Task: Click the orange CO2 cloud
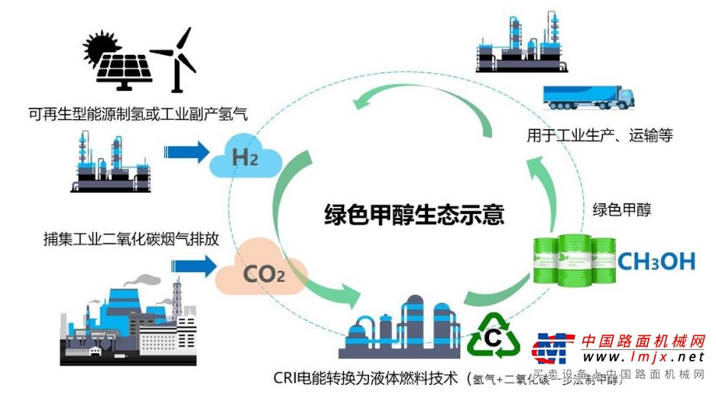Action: (x=263, y=272)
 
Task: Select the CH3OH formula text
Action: (x=656, y=261)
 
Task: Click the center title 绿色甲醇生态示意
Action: (x=413, y=213)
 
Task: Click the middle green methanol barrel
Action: (x=574, y=260)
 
